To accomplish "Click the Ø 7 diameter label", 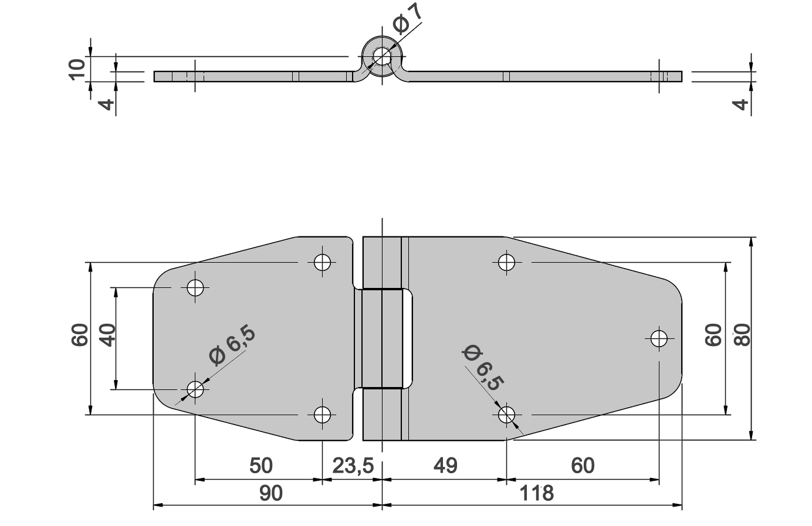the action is (x=408, y=19).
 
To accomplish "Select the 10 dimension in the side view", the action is (x=77, y=70).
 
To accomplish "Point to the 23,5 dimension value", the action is (x=353, y=466).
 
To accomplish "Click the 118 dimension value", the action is (x=536, y=493).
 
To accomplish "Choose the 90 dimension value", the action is (x=271, y=493).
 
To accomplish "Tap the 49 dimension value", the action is (x=445, y=466).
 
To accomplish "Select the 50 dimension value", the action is (x=260, y=466).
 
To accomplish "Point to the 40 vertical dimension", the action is (x=108, y=335).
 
